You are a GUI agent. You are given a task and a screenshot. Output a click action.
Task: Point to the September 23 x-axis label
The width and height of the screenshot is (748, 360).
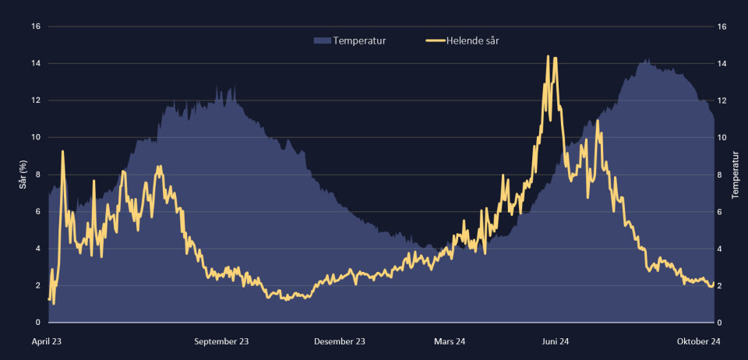point(221,341)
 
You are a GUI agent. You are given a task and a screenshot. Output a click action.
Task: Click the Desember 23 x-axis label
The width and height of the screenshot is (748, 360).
point(340,341)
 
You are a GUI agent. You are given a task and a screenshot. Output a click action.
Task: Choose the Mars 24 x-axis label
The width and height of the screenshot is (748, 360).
point(449,341)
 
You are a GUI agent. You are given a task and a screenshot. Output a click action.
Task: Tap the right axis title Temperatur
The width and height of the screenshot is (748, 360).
point(736,175)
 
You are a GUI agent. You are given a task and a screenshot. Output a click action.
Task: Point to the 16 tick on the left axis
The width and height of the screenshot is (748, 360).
point(36,26)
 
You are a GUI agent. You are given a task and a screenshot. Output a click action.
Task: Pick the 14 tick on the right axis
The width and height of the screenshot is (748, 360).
point(722,63)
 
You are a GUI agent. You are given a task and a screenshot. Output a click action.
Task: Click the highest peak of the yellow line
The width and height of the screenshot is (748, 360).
point(549,57)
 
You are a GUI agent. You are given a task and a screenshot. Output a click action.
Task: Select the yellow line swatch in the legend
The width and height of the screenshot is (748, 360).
point(435,41)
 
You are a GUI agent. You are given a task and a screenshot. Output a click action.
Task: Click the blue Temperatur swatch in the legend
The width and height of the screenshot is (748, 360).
point(322,41)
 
